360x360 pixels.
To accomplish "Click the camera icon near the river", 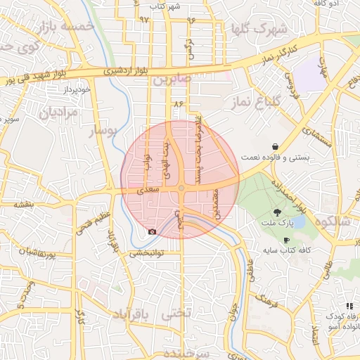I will click(152, 231).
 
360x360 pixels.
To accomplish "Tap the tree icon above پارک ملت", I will click(279, 212).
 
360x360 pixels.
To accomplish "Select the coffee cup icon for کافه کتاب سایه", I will click(287, 240).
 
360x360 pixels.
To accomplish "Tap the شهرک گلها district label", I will click(259, 29).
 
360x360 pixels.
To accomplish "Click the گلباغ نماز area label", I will click(256, 103).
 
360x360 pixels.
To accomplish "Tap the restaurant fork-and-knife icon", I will click(349, 306).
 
